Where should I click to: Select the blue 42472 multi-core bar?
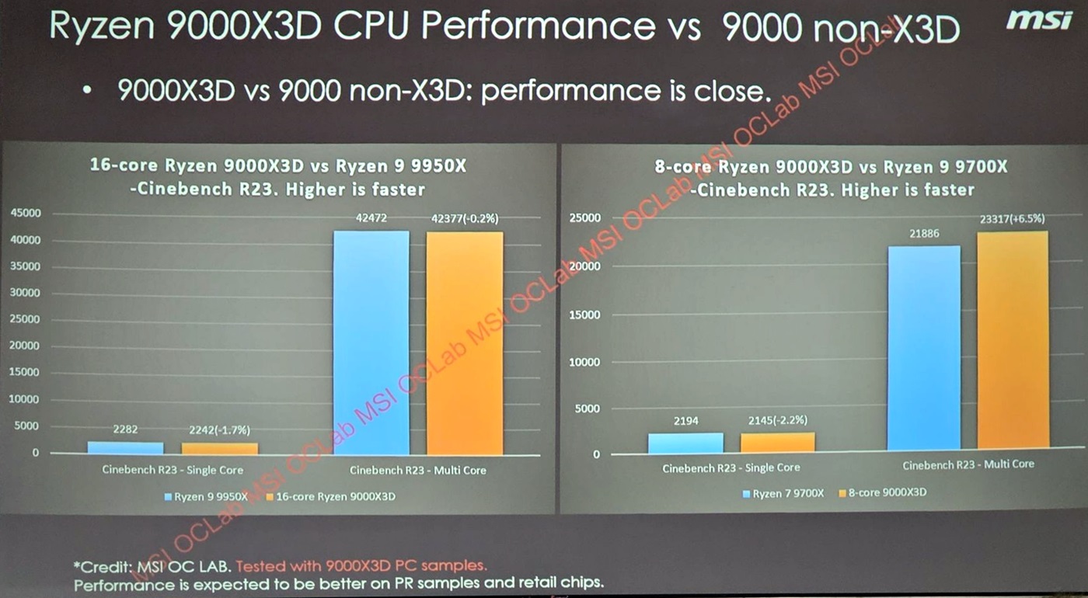point(371,342)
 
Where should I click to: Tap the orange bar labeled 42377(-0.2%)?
point(464,342)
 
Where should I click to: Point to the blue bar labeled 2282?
point(125,447)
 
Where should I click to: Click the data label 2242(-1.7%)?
point(219,430)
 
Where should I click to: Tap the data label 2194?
point(685,420)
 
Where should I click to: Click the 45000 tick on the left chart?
point(25,213)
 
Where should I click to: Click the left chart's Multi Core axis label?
point(417,470)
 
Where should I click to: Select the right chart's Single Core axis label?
point(731,468)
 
